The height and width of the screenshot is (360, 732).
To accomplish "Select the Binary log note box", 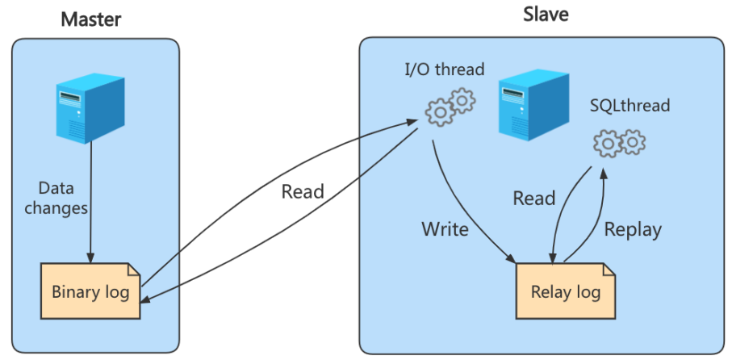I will click(x=90, y=292).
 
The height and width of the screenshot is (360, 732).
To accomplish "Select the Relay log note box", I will click(x=565, y=291).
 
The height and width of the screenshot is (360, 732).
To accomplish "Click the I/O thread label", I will click(x=444, y=69).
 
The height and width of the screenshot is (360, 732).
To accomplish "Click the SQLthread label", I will click(x=630, y=105).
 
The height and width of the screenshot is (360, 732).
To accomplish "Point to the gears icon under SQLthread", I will click(x=620, y=143).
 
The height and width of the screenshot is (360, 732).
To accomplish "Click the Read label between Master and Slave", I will click(x=303, y=192).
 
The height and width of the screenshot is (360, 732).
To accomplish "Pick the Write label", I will click(x=445, y=229).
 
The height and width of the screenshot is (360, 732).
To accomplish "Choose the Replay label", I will click(x=633, y=229).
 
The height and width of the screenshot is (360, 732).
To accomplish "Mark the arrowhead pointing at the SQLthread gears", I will click(x=601, y=171).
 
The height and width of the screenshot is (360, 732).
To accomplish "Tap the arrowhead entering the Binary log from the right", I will click(x=147, y=300).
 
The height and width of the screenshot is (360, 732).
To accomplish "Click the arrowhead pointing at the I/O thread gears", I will click(x=414, y=123).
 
